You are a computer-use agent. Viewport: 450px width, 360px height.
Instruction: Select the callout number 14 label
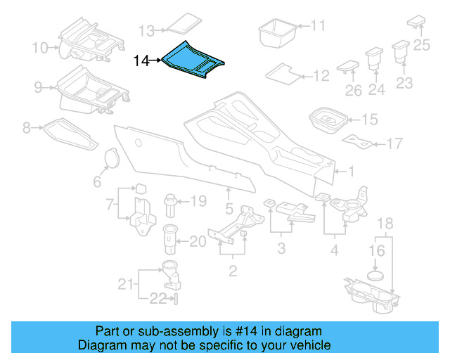point(141,61)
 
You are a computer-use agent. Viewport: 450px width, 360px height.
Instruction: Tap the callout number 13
point(146,31)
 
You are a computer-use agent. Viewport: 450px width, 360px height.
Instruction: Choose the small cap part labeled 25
point(416,20)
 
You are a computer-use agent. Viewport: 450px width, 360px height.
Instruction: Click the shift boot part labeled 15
point(326,119)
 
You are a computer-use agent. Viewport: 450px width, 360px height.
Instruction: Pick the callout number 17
point(394,144)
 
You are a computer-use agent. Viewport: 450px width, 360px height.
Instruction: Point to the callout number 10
point(39,48)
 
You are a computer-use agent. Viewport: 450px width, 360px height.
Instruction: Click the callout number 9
point(39,88)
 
